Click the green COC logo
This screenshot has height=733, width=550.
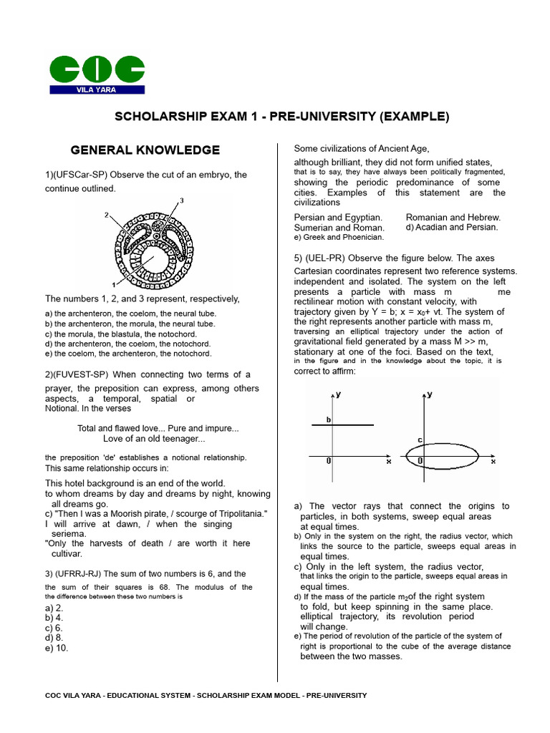97,69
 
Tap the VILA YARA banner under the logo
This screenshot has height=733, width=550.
97,90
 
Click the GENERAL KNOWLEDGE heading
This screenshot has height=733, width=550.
145,150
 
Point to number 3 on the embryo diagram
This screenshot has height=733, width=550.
181,201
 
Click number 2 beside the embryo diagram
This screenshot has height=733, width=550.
106,215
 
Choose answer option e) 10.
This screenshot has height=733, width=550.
57,648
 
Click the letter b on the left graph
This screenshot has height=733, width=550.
329,419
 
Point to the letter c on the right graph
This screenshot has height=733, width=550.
420,439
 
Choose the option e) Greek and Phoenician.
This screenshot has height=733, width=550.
339,237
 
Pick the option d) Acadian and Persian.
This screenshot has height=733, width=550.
451,227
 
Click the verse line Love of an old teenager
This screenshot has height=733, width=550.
154,439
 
